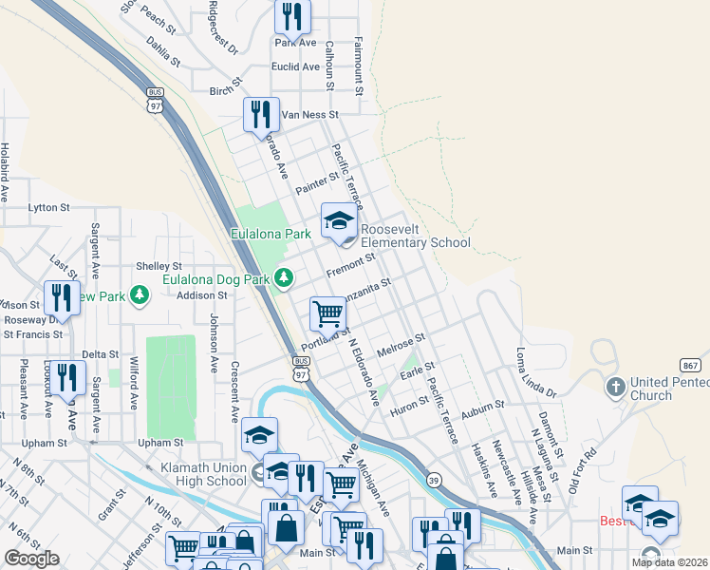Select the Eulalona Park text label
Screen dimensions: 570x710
(x=271, y=233)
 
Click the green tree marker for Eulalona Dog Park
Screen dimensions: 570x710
(x=283, y=277)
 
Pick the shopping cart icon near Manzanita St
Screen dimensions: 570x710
(x=327, y=313)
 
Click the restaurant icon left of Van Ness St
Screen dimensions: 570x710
(x=261, y=114)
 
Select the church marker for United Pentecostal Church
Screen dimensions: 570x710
(x=615, y=388)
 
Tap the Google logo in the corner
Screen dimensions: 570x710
(x=31, y=559)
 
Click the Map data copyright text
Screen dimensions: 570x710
(x=670, y=562)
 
